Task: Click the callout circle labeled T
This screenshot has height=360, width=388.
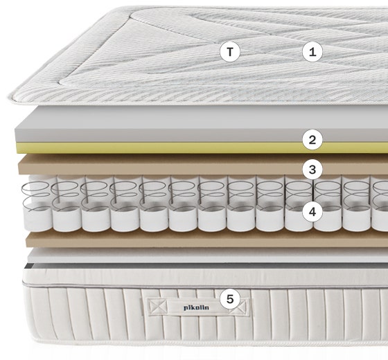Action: pyautogui.click(x=230, y=52)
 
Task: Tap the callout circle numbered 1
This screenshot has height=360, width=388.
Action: pyautogui.click(x=312, y=52)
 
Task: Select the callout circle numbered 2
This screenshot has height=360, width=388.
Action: pyautogui.click(x=312, y=140)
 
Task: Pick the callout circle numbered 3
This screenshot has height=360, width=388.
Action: pyautogui.click(x=312, y=170)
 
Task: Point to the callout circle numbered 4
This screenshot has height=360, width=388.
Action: pyautogui.click(x=312, y=212)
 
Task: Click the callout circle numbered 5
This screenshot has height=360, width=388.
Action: pyautogui.click(x=230, y=299)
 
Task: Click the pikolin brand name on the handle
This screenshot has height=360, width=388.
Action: pyautogui.click(x=196, y=307)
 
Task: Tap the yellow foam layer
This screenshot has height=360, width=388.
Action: pyautogui.click(x=198, y=148)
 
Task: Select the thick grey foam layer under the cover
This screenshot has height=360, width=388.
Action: pyautogui.click(x=198, y=124)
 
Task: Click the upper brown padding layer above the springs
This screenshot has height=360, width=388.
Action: pyautogui.click(x=198, y=165)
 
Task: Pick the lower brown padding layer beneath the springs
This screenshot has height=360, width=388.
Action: pyautogui.click(x=198, y=239)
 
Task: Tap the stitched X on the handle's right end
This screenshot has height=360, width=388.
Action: pyautogui.click(x=240, y=307)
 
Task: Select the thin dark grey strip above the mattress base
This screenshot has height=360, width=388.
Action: pyautogui.click(x=198, y=265)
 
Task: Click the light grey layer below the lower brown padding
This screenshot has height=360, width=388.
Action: pyautogui.click(x=198, y=256)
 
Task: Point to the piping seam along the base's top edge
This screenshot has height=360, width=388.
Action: pyautogui.click(x=198, y=287)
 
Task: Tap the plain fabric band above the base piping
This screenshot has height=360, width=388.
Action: pyautogui.click(x=198, y=276)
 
